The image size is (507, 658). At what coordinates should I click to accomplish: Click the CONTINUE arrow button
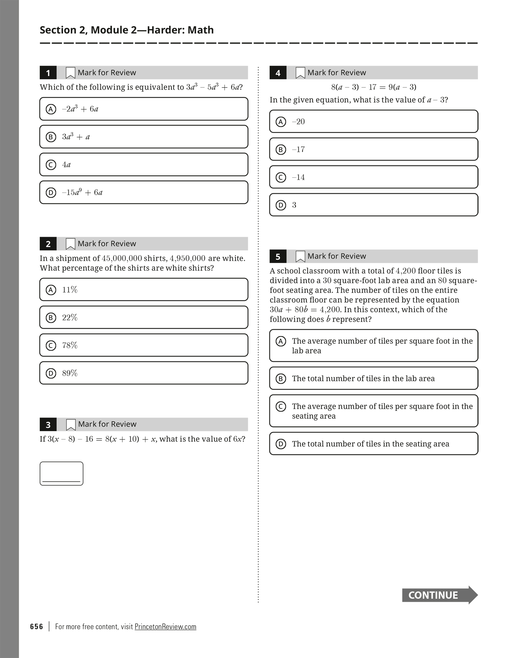(439, 595)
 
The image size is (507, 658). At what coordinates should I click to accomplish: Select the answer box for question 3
(61, 473)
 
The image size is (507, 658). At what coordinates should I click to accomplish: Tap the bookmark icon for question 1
(70, 73)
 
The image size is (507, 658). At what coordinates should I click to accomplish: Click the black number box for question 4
(278, 73)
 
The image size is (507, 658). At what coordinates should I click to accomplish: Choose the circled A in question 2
(51, 290)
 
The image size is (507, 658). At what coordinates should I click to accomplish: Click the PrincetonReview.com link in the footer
(165, 626)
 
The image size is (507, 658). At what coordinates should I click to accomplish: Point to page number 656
(36, 626)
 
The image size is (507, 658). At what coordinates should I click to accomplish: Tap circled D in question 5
(281, 444)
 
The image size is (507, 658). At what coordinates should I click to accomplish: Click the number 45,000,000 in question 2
(122, 258)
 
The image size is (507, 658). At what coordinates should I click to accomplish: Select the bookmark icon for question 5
(300, 256)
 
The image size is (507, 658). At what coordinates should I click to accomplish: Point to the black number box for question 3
(48, 425)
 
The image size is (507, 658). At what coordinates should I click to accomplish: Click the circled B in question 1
(51, 137)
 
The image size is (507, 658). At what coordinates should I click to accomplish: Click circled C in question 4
(281, 177)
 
